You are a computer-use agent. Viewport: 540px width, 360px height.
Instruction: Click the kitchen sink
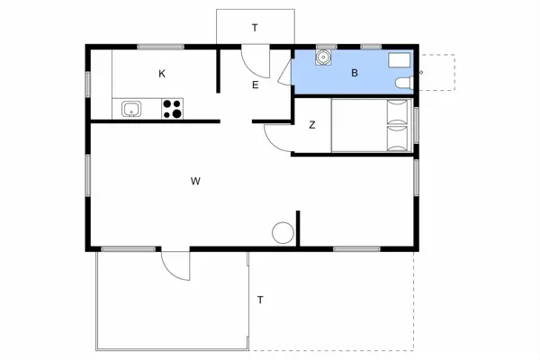tap(131, 109)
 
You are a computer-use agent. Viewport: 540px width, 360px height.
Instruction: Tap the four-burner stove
tap(172, 109)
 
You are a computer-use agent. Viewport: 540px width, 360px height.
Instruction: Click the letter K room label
tap(162, 74)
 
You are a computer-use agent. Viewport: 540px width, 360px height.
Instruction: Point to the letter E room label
tap(256, 85)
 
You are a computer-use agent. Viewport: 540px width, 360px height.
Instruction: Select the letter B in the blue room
tap(355, 73)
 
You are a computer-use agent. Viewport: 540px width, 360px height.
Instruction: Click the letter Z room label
tap(312, 125)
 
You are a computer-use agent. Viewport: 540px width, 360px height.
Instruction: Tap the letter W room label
tap(195, 181)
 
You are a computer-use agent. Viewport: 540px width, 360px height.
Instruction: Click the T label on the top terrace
tap(255, 28)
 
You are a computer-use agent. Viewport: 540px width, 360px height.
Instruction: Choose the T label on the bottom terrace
tap(260, 300)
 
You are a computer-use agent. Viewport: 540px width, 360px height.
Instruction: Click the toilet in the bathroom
tap(404, 83)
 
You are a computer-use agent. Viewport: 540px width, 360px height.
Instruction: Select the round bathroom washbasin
tap(323, 57)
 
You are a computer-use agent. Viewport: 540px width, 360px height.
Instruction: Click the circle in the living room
tap(283, 233)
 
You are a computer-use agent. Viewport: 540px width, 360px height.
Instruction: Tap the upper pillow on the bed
tap(397, 112)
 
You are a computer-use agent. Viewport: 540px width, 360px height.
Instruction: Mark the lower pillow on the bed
tap(397, 139)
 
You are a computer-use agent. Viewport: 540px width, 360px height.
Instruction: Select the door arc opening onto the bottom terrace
tap(169, 271)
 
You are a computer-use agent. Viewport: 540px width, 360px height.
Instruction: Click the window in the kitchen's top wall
tap(160, 47)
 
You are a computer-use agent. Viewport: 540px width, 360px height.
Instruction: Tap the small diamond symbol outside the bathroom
tap(420, 72)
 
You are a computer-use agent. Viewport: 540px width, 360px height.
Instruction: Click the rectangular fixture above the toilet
tap(400, 60)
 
